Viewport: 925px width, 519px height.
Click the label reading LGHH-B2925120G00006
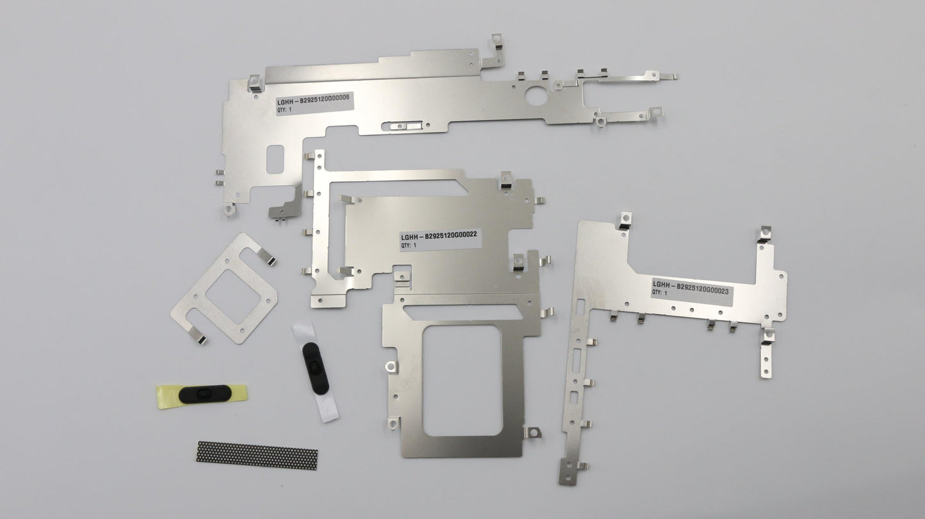(315, 103)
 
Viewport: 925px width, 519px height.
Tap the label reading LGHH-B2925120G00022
(440, 239)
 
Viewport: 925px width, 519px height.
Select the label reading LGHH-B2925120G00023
(692, 292)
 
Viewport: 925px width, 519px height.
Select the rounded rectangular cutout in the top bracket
(275, 159)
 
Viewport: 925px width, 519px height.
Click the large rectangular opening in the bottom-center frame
(462, 380)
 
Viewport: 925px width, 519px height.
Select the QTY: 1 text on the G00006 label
(284, 110)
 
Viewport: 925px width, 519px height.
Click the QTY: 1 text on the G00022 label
(409, 245)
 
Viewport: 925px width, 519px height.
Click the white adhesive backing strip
(316, 372)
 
